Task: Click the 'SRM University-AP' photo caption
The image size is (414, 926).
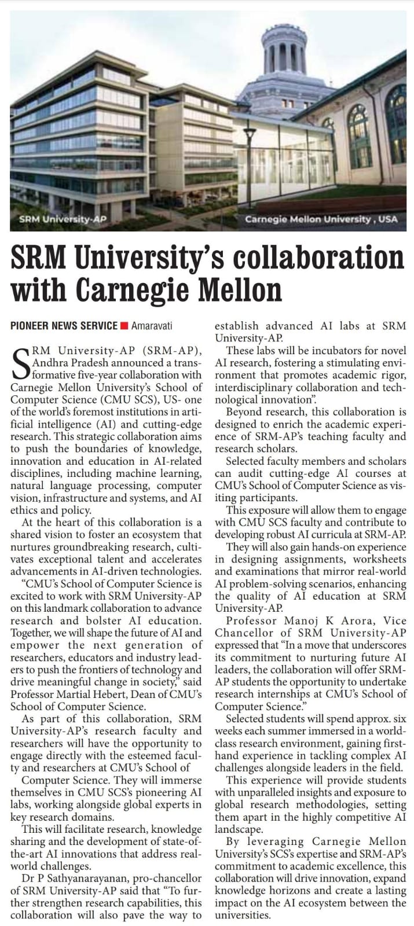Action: pyautogui.click(x=64, y=219)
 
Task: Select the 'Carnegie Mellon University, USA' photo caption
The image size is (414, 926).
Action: pyautogui.click(x=321, y=219)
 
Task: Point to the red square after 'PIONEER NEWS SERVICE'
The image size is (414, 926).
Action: pyautogui.click(x=124, y=326)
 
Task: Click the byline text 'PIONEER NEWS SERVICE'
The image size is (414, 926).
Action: pyautogui.click(x=64, y=326)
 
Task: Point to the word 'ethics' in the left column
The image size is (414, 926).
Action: pyautogui.click(x=24, y=510)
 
